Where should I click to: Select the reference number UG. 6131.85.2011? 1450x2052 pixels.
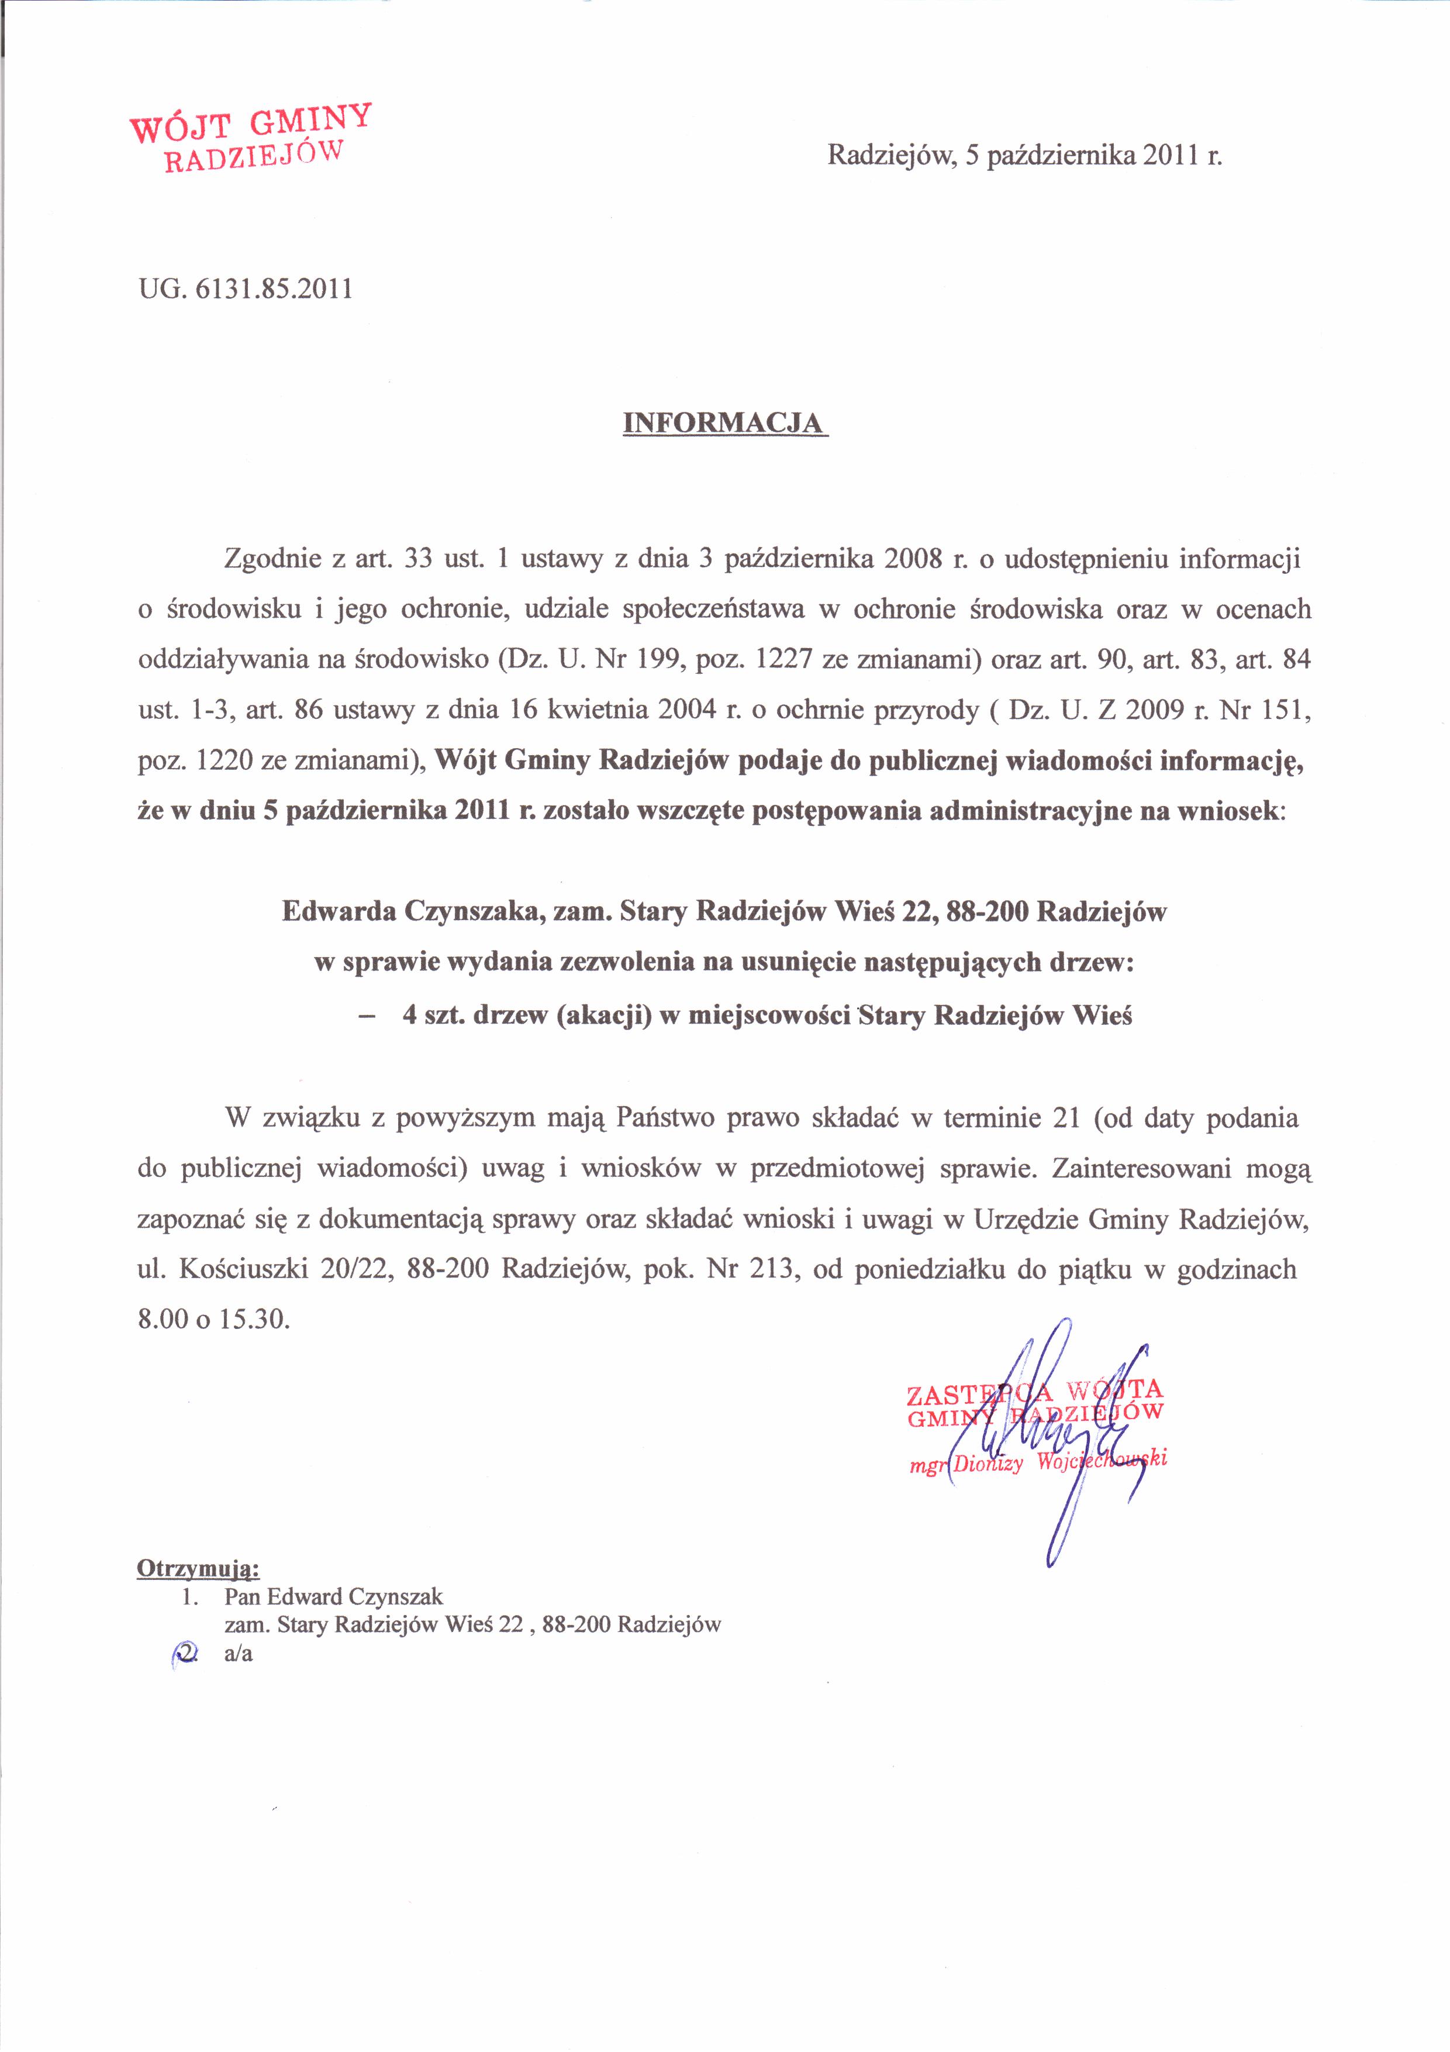[x=245, y=289]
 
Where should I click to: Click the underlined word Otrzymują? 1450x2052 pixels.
[x=198, y=1568]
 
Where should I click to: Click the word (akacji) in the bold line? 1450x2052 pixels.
[x=603, y=1015]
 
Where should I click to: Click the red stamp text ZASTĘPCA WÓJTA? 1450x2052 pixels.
[x=1034, y=1390]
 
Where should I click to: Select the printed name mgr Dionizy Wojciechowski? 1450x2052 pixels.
[x=1037, y=1462]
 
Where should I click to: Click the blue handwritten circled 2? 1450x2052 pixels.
[x=185, y=1654]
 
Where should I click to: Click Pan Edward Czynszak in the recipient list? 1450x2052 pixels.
[x=333, y=1596]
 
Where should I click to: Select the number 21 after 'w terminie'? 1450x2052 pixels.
[x=1066, y=1118]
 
